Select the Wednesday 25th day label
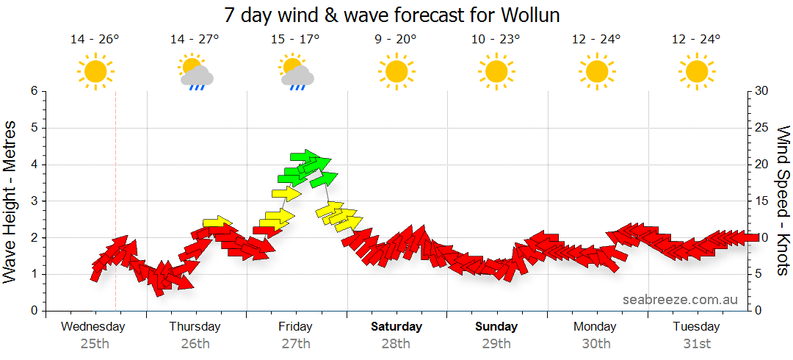pos(94,334)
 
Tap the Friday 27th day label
pos(295,334)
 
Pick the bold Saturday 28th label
pos(396,334)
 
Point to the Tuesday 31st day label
pos(696,334)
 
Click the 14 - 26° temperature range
pos(95,40)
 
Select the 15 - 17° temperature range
pos(295,40)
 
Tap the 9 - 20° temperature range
pos(396,40)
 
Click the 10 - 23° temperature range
pos(496,40)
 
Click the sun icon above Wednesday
pos(95,71)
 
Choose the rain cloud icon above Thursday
pos(196,73)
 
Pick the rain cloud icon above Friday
pos(297,73)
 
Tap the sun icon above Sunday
pos(496,71)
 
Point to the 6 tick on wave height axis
pos(34,91)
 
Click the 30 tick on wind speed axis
pos(762,91)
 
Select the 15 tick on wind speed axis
pos(762,201)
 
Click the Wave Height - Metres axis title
pos(11,201)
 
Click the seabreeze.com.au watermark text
pos(680,299)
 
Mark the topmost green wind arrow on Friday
pos(309,156)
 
